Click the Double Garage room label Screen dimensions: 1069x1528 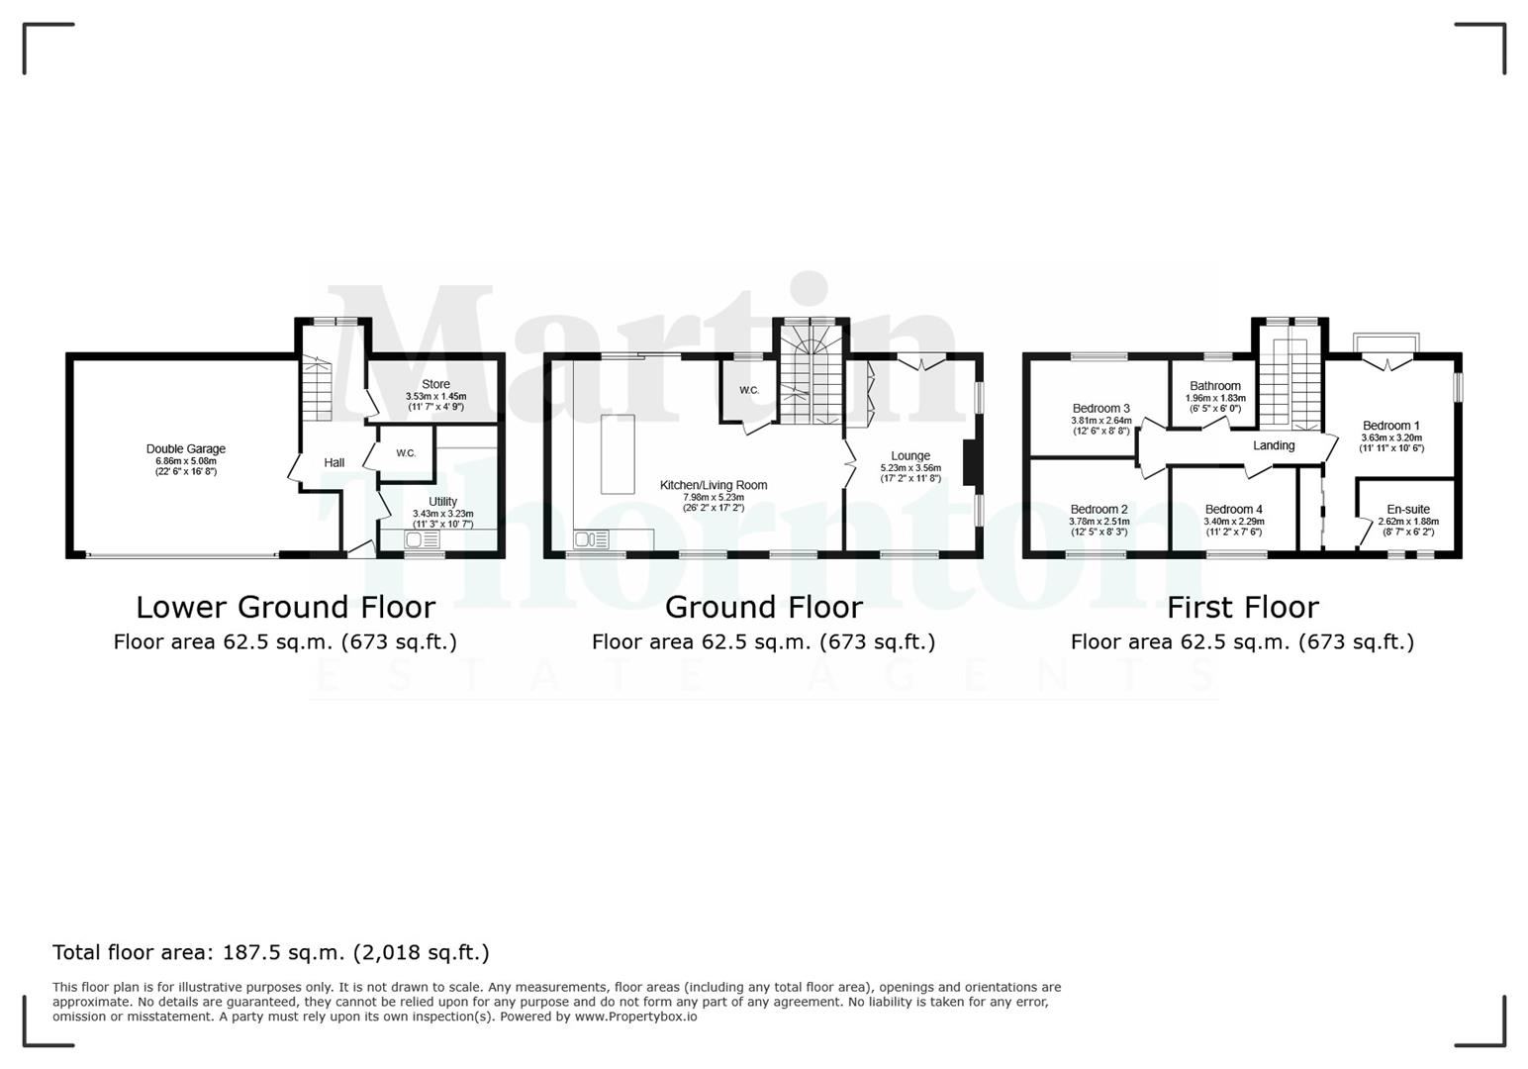[185, 449]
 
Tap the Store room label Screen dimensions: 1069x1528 [435, 384]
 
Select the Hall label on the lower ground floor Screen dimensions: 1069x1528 [334, 462]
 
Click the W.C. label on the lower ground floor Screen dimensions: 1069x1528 [406, 453]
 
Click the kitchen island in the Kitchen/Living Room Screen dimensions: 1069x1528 [618, 454]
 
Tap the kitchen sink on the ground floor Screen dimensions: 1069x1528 [593, 539]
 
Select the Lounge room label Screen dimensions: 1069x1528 [910, 456]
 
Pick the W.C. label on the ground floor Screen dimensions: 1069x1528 [749, 390]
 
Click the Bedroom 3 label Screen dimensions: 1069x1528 [1100, 408]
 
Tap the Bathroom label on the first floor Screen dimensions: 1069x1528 [1214, 386]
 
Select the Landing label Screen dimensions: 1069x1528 [1274, 445]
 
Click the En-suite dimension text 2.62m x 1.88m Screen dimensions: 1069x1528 [1407, 522]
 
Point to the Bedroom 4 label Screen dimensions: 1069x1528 [1233, 510]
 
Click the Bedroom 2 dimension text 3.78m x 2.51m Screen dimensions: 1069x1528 [1098, 522]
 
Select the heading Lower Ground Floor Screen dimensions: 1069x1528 [285, 607]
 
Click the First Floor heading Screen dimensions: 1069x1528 [1242, 607]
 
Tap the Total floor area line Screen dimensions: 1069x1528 [270, 952]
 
